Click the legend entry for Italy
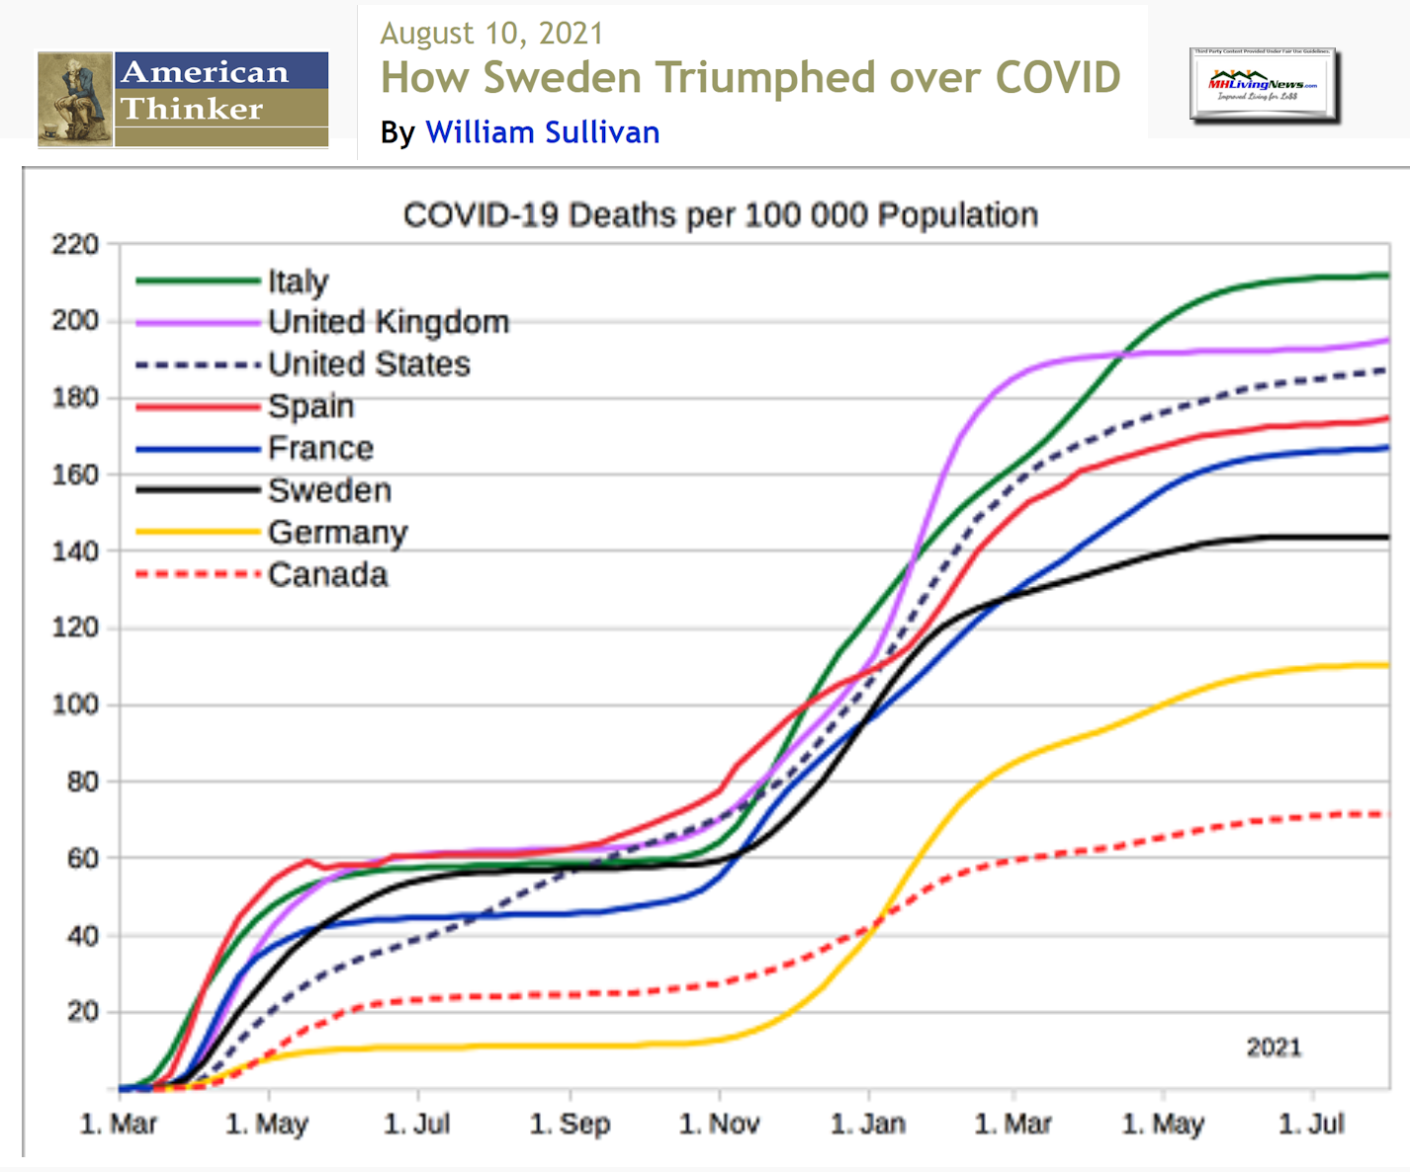tap(298, 282)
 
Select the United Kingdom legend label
tap(388, 322)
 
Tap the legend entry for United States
tap(369, 365)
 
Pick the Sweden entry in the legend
tap(329, 490)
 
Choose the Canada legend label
tap(327, 574)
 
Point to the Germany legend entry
tap(337, 533)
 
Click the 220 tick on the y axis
tap(75, 244)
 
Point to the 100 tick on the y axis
tap(75, 705)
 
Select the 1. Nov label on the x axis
tap(719, 1124)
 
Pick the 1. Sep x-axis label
tap(570, 1124)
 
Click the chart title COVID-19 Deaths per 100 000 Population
tap(720, 215)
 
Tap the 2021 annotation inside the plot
tap(1274, 1047)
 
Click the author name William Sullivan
tap(542, 132)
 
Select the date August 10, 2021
tap(491, 34)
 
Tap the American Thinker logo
tap(183, 99)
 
